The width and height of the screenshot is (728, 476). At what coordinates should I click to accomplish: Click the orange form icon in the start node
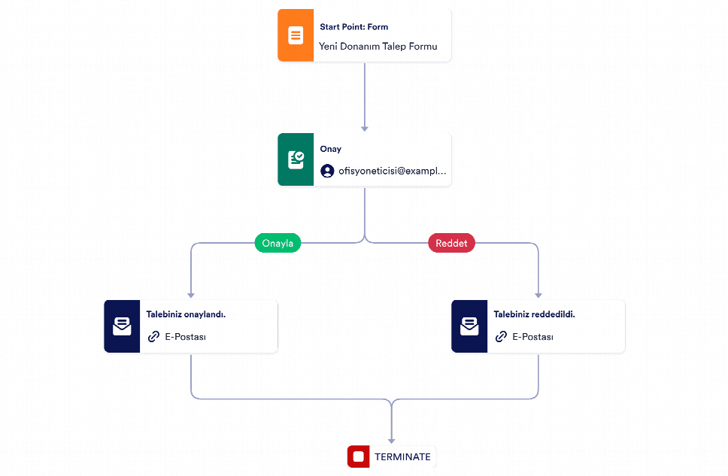pos(296,35)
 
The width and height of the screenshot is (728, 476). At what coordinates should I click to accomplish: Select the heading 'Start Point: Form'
pos(353,27)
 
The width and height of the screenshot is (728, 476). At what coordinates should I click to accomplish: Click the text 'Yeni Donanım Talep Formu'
pos(378,47)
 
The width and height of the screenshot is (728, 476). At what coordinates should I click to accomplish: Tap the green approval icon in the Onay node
pos(296,159)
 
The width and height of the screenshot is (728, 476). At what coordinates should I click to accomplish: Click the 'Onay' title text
pos(331,149)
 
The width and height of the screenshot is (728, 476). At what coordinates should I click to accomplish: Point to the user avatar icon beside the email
pos(327,171)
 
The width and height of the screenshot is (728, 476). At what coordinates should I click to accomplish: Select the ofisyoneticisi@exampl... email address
pos(393,171)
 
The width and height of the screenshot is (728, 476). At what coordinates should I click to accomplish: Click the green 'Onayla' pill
pos(278,243)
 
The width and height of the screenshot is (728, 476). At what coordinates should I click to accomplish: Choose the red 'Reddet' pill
pos(451,243)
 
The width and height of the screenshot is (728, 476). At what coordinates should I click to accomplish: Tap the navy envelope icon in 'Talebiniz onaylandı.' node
pos(122,326)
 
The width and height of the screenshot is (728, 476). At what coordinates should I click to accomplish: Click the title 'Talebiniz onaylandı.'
pos(186,314)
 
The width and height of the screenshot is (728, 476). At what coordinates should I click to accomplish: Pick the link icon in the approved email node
pos(153,337)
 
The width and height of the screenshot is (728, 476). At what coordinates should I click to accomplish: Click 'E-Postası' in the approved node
pos(185,337)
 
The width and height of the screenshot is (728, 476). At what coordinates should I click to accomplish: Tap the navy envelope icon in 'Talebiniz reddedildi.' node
pos(469,326)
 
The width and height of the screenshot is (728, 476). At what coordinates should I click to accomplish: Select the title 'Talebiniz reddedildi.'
pos(535,314)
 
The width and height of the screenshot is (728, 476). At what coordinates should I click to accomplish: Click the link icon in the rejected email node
pos(501,337)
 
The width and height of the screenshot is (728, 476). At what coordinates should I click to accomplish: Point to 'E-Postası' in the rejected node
pos(532,337)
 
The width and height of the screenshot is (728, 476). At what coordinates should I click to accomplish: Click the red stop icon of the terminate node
pos(359,456)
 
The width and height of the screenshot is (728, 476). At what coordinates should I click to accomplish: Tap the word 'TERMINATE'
pos(402,457)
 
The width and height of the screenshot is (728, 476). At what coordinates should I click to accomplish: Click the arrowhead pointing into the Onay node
pos(365,129)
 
